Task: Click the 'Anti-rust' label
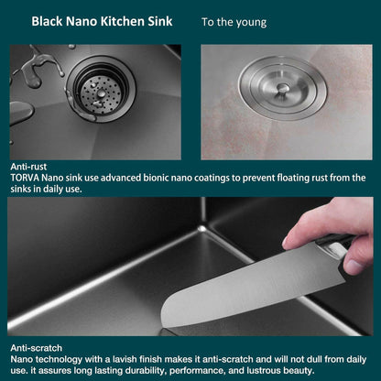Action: [x=28, y=167]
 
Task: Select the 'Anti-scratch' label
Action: [x=35, y=349]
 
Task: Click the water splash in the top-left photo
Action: [x=37, y=69]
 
